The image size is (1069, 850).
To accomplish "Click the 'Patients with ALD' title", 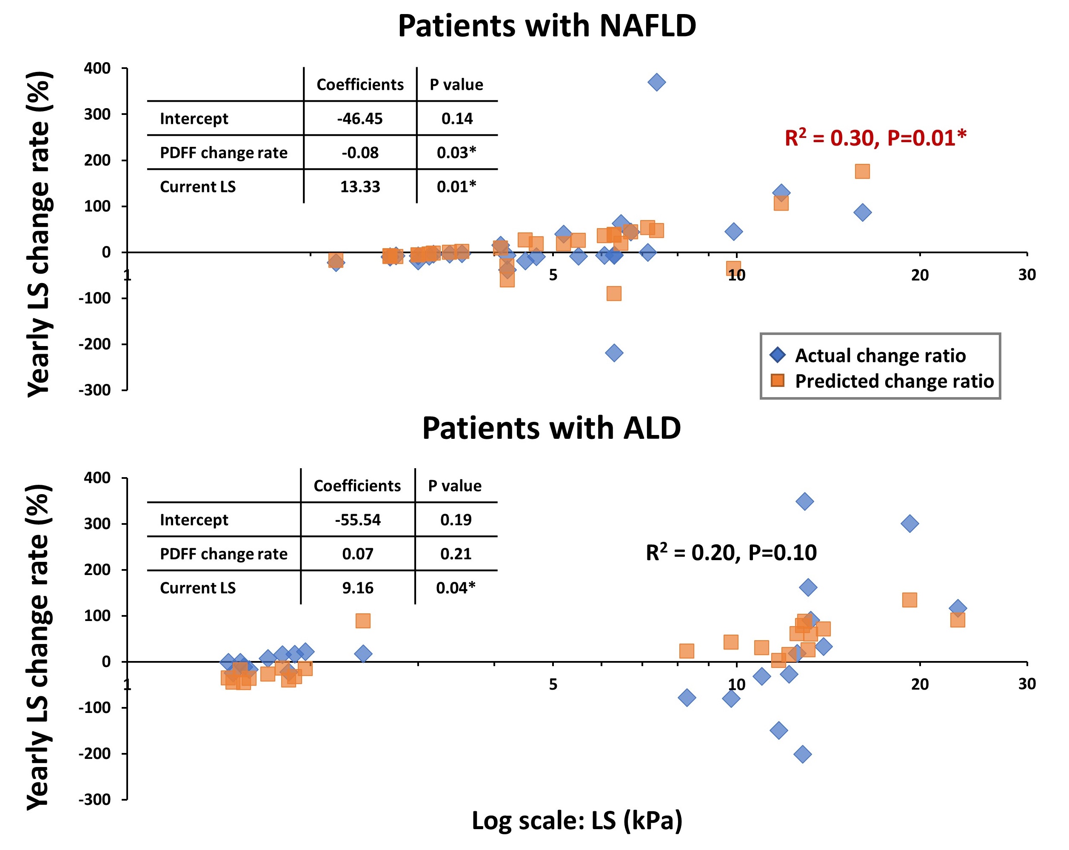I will (551, 428).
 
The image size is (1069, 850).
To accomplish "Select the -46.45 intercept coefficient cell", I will (359, 119).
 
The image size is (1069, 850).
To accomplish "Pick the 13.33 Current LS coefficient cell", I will (359, 186).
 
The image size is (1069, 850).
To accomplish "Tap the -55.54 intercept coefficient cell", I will (357, 520).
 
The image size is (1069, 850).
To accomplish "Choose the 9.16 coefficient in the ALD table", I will (357, 588).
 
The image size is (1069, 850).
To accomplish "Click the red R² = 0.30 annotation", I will (875, 138).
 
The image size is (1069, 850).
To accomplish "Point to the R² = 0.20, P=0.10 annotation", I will (731, 552).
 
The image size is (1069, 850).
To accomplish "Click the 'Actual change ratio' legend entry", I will (880, 355).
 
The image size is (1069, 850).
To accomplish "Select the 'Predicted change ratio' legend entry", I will (894, 381).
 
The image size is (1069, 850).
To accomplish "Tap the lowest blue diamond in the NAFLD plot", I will (614, 353).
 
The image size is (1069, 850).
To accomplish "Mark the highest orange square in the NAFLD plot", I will (862, 172).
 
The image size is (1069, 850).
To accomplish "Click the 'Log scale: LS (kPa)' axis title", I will (577, 820).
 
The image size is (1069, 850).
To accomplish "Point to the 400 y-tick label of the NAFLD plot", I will (97, 69).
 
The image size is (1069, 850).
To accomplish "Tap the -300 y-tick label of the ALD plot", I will (95, 799).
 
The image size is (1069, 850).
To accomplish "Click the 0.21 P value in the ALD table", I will (456, 554).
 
